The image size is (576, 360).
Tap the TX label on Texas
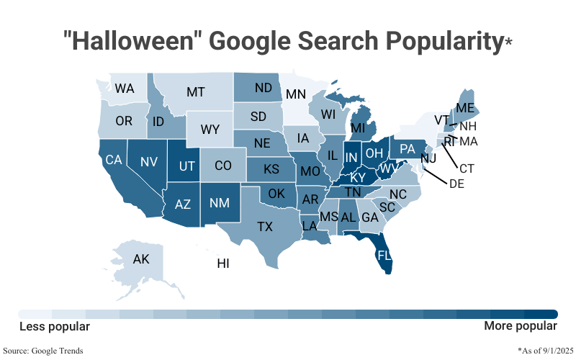point(265,227)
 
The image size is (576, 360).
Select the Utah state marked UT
point(187,166)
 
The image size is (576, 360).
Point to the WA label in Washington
point(125,89)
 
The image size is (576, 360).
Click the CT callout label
point(467,168)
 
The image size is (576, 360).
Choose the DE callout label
point(456,184)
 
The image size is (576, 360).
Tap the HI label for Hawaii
point(223,264)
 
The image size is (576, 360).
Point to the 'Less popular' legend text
point(55,327)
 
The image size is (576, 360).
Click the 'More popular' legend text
point(521,327)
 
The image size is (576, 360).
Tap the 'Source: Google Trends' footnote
point(43,351)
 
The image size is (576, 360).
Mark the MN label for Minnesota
point(295,94)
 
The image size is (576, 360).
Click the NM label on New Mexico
point(220,202)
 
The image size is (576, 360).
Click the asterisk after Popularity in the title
point(508,42)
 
